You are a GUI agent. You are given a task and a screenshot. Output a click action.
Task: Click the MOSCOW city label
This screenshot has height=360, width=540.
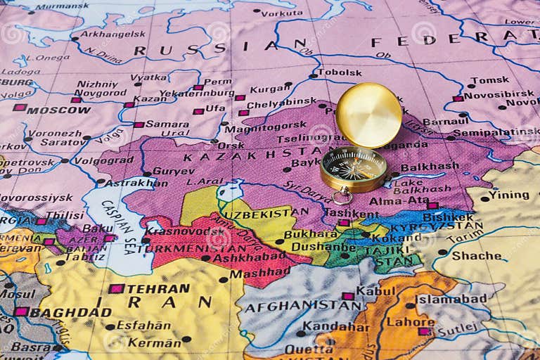(58, 110)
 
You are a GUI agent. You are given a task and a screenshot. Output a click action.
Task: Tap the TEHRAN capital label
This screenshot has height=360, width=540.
(158, 288)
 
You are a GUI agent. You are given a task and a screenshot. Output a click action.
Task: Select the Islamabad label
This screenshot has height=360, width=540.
(451, 298)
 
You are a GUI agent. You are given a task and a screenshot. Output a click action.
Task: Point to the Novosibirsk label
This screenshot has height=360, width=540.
(499, 94)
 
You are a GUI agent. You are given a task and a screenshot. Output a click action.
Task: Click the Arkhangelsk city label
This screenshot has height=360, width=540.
(112, 33)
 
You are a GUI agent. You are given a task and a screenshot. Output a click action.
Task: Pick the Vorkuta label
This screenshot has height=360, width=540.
(281, 13)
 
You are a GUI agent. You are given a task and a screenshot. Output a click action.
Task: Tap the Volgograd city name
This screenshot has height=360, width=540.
(103, 160)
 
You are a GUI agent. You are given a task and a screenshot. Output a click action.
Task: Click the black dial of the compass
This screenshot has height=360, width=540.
(354, 169)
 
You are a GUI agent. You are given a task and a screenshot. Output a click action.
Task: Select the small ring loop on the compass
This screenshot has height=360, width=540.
(342, 195)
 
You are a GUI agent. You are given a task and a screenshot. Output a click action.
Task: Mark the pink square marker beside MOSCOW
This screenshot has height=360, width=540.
(19, 108)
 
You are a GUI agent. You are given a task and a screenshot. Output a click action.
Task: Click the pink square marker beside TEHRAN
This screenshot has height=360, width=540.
(115, 289)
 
